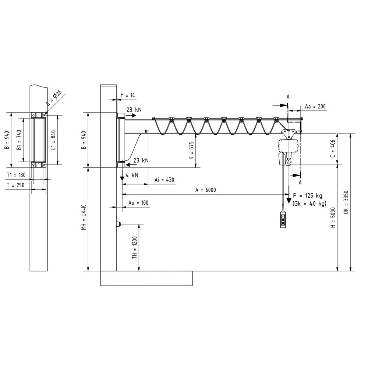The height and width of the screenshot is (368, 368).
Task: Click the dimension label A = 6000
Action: click(205, 190)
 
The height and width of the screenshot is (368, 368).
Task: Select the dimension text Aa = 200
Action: click(315, 106)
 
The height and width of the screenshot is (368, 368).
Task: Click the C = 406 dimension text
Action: click(333, 149)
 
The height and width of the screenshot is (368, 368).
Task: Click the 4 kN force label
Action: click(132, 175)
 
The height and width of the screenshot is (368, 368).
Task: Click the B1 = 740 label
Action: click(19, 138)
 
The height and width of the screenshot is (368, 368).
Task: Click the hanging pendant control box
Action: click(283, 220)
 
